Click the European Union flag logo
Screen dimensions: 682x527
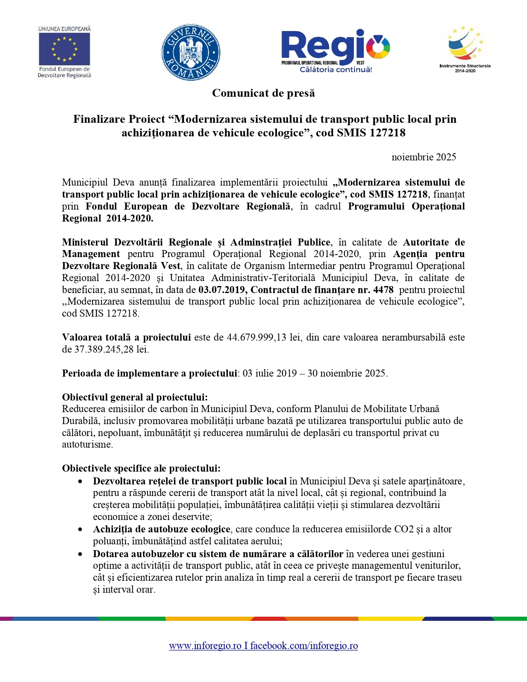tap(64, 49)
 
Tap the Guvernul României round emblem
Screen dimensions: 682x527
tap(191, 52)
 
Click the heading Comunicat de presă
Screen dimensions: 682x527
tap(263, 93)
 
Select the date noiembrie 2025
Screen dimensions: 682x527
tap(424, 157)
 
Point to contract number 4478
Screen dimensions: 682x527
tap(383, 290)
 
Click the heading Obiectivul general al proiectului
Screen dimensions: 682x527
tap(135, 397)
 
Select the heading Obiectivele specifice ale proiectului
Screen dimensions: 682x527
tap(141, 468)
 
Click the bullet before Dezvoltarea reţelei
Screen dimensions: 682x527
tap(80, 482)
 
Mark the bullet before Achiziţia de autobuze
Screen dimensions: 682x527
tap(80, 529)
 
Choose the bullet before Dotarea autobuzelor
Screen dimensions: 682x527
tap(80, 554)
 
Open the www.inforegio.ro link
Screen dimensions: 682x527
tap(205, 646)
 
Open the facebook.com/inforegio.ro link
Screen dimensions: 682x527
tap(304, 646)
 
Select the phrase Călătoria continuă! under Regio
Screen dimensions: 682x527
tap(336, 69)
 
